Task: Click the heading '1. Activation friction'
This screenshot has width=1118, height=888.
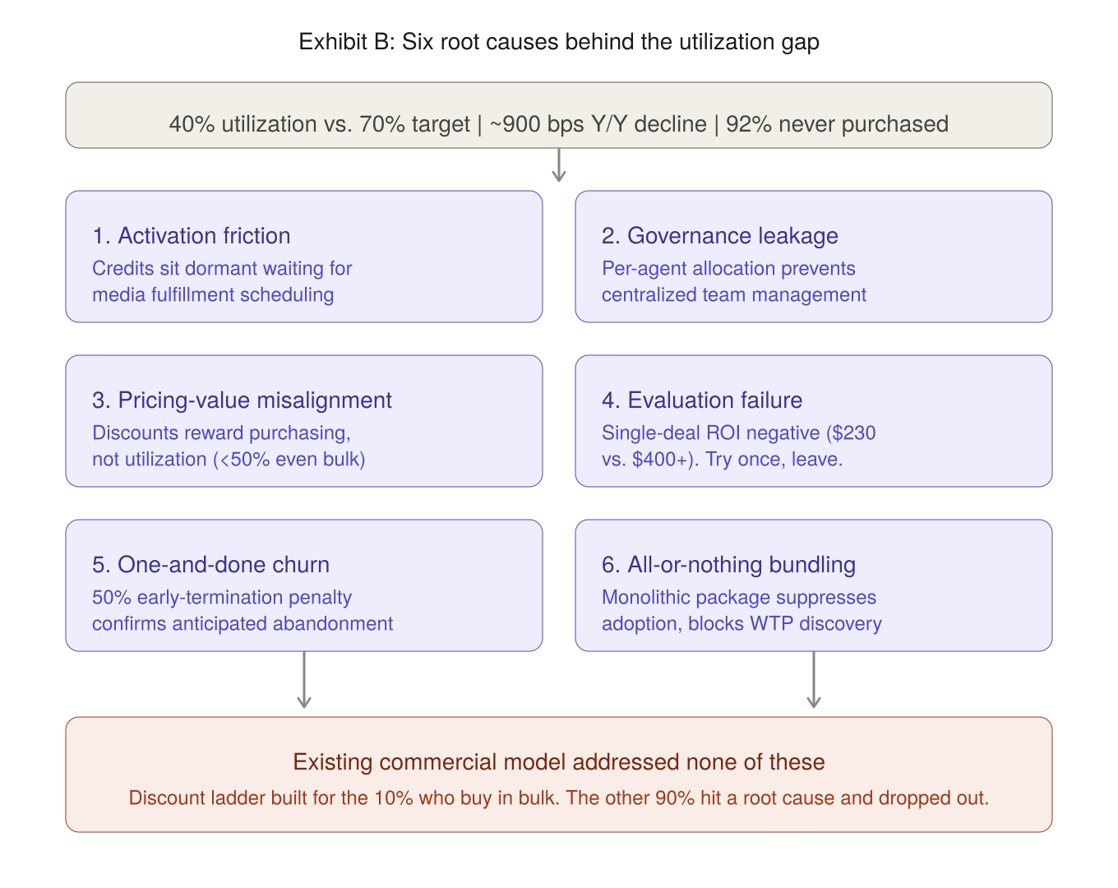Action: click(191, 236)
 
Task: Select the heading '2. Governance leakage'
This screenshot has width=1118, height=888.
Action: click(719, 236)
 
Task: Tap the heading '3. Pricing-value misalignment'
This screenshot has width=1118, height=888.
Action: click(242, 400)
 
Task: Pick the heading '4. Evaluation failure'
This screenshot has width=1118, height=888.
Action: click(701, 400)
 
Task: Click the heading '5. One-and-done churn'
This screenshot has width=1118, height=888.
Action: click(210, 565)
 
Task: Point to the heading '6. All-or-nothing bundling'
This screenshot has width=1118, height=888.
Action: click(728, 565)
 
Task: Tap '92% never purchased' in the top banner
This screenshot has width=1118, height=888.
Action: click(837, 124)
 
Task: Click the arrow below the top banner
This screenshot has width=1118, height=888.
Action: click(559, 167)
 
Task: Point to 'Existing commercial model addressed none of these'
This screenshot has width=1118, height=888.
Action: click(559, 762)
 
